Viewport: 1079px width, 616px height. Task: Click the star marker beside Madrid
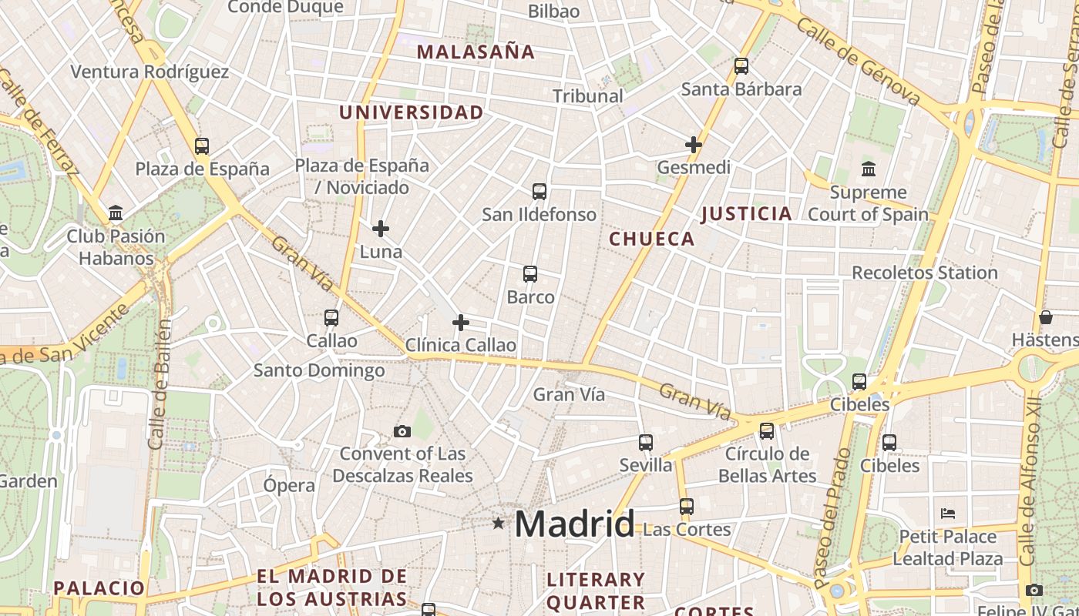[x=499, y=524]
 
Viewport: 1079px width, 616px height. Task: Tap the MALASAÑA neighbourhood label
[x=476, y=52]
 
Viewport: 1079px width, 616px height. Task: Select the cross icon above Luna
[x=381, y=229]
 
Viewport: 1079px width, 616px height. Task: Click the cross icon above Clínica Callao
[x=461, y=323]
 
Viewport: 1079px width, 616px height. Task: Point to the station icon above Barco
[x=530, y=274]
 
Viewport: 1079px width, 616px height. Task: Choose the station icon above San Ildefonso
[x=539, y=192]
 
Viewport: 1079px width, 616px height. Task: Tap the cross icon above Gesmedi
[x=694, y=145]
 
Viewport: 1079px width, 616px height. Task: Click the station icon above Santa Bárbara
[x=741, y=66]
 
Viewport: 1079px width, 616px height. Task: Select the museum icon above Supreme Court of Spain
[x=869, y=169]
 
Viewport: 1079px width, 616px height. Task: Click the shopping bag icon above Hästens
[x=1046, y=317]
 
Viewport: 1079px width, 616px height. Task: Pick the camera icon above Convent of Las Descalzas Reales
[x=402, y=431]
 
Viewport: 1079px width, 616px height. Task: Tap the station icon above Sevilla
[x=646, y=443]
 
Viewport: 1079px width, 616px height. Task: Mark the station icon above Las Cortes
[x=687, y=507]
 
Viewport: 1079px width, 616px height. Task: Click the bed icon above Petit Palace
[x=948, y=514]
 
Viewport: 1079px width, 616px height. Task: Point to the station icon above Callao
[x=331, y=317]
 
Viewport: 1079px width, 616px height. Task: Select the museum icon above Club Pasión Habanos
[x=116, y=213]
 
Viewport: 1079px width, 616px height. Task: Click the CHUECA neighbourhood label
[x=652, y=239]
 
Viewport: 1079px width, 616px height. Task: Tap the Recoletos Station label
[x=924, y=273]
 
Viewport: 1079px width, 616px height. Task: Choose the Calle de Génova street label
[x=859, y=62]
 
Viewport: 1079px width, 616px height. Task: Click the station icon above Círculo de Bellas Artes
[x=767, y=431]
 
